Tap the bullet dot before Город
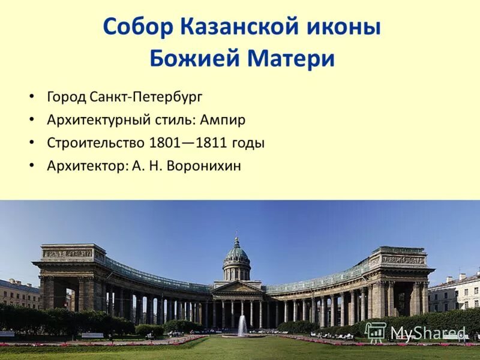(x=31, y=97)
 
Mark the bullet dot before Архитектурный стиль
(x=31, y=119)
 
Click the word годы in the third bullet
(x=248, y=143)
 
